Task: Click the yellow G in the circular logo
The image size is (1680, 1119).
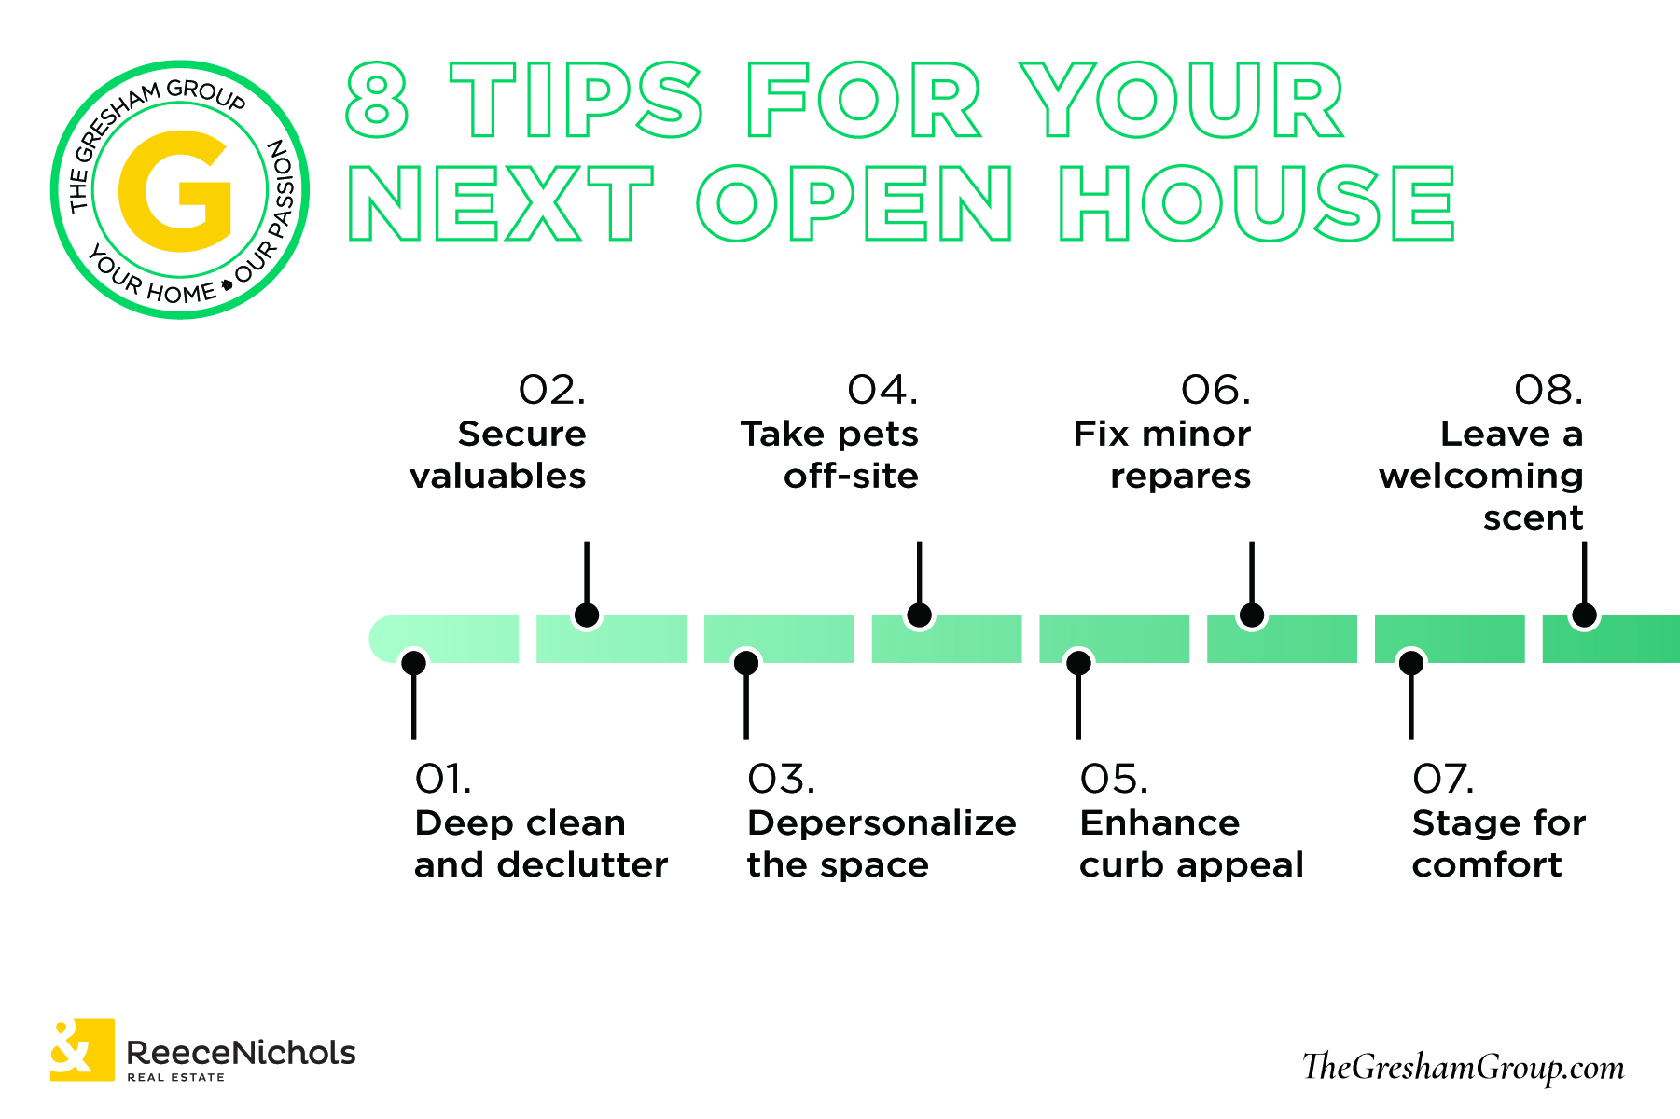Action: [x=175, y=191]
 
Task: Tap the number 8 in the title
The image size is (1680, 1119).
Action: [x=377, y=101]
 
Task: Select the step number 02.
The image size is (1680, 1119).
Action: [x=552, y=390]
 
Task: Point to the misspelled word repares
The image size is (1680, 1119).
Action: [x=1180, y=477]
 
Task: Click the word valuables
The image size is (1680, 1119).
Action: [x=497, y=476]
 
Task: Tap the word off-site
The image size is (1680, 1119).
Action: [x=851, y=476]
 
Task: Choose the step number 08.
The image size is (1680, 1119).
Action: [x=1548, y=390]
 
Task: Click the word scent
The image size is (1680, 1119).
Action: [x=1534, y=518]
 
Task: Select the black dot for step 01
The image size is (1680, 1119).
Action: [x=413, y=663]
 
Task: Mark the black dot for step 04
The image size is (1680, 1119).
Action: [x=919, y=615]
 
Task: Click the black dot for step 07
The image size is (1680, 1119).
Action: [x=1411, y=663]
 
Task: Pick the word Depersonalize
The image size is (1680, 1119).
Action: [x=882, y=823]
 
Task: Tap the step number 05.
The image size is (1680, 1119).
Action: [x=1114, y=780]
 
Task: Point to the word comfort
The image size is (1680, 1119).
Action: [x=1487, y=865]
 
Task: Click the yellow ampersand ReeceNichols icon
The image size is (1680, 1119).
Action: [x=82, y=1050]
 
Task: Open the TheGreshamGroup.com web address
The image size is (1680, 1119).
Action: [x=1463, y=1067]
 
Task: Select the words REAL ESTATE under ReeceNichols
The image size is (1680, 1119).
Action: [x=176, y=1077]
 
